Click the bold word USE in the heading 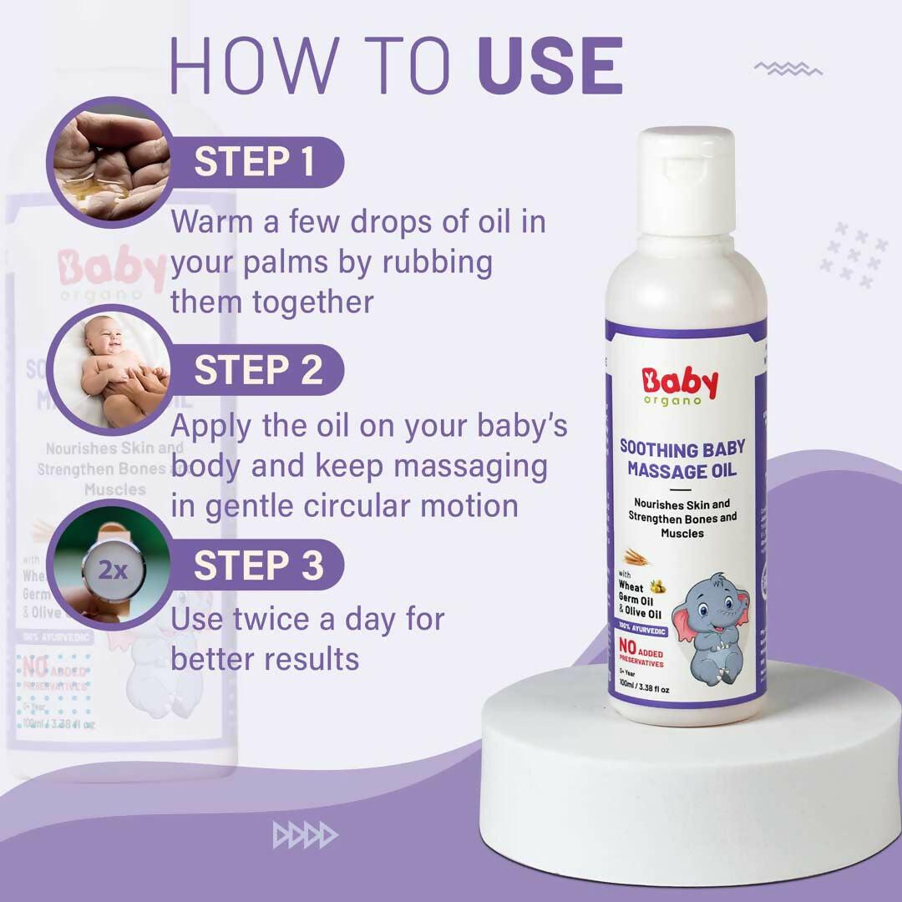[x=550, y=64]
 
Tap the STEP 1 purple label [x=255, y=162]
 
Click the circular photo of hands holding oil [x=109, y=162]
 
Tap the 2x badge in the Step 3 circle [x=113, y=570]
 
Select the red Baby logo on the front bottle [x=680, y=384]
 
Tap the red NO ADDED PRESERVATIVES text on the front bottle [x=640, y=652]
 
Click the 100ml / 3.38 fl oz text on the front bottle [x=644, y=688]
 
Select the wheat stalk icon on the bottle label [x=637, y=558]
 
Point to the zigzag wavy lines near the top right [x=788, y=68]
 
